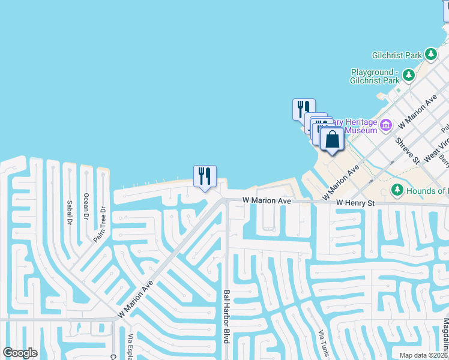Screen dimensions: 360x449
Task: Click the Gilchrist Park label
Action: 396,55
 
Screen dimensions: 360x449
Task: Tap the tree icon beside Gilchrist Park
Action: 430,55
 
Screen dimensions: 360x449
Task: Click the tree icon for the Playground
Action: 409,76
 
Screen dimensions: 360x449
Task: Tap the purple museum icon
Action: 385,125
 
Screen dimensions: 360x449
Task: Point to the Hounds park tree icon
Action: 397,190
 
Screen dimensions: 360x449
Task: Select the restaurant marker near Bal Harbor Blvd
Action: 205,176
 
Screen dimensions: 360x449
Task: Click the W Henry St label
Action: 355,204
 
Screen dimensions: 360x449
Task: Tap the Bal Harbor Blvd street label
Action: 227,317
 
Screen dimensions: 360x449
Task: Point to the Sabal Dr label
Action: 70,212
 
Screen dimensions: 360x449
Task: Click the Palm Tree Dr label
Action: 99,225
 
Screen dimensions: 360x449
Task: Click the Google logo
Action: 20,353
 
